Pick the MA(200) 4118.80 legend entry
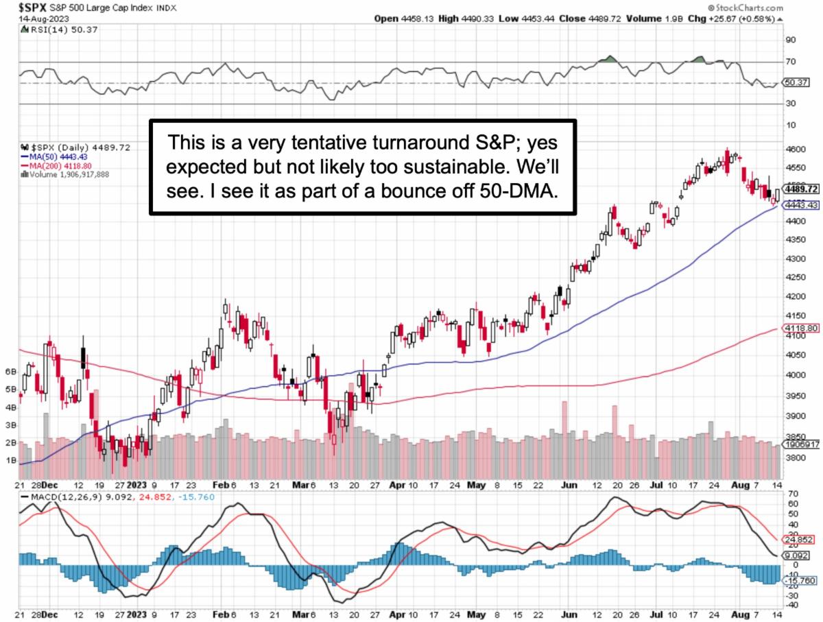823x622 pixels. [x=59, y=165]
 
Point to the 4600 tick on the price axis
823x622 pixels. [x=796, y=149]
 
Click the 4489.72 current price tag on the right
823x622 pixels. [x=801, y=189]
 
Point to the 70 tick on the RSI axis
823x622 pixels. [x=791, y=62]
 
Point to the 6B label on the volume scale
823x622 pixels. [x=10, y=371]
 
